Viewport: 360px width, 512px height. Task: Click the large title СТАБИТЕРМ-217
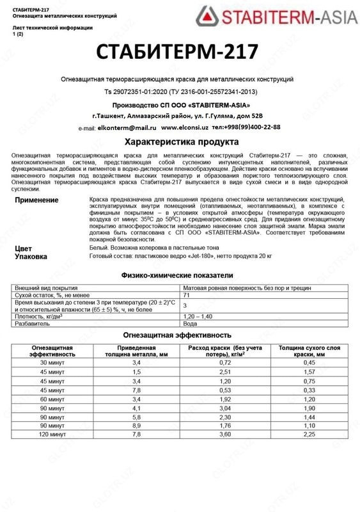(x=176, y=52)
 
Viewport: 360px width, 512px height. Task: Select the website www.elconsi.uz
(x=185, y=127)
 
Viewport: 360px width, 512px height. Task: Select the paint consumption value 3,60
(x=224, y=434)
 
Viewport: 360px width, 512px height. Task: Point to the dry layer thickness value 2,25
(x=309, y=434)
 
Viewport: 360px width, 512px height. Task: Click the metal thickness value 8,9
(x=136, y=425)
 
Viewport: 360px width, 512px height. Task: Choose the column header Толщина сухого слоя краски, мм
(x=309, y=350)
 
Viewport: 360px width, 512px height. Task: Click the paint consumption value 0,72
(x=224, y=362)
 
